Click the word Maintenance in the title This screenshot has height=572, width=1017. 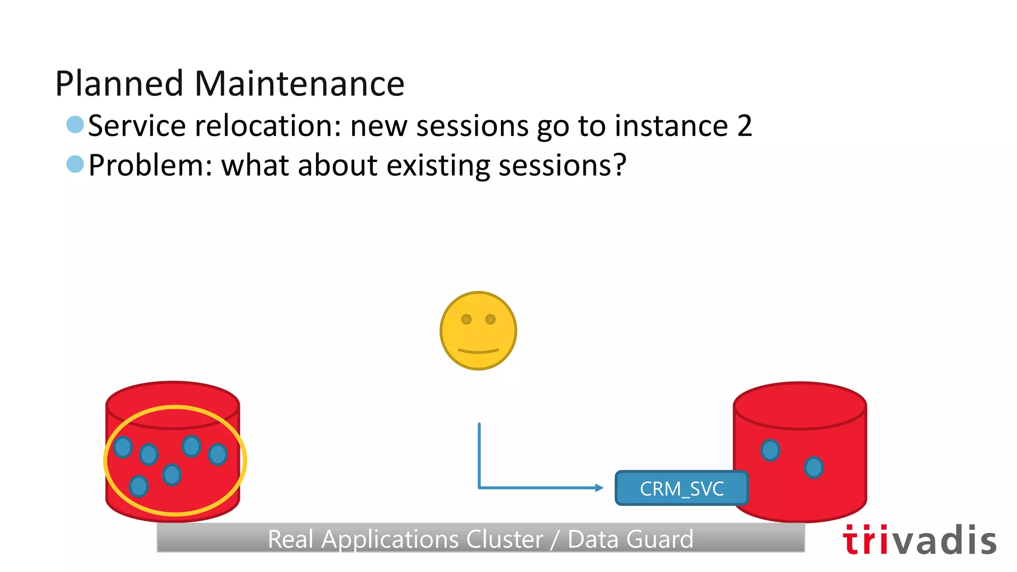pyautogui.click(x=299, y=83)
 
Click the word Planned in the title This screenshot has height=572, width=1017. pyautogui.click(x=119, y=83)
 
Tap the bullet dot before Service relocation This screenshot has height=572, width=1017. pyautogui.click(x=75, y=125)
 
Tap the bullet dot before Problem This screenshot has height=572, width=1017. pyautogui.click(x=75, y=164)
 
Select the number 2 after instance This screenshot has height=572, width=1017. pyautogui.click(x=744, y=126)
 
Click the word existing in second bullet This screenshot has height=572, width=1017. pyautogui.click(x=437, y=165)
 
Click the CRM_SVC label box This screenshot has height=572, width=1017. pyautogui.click(x=681, y=489)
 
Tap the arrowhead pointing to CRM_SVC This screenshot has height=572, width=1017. pyautogui.click(x=599, y=488)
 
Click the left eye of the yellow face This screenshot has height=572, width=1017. pyautogui.click(x=466, y=319)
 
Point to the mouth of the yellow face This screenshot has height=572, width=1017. pyautogui.click(x=478, y=351)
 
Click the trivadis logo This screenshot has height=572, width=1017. pyautogui.click(x=919, y=540)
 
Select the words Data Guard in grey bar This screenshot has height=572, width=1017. pyautogui.click(x=630, y=539)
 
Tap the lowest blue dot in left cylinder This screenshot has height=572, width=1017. pyautogui.click(x=139, y=486)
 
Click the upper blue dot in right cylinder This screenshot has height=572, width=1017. pyautogui.click(x=770, y=450)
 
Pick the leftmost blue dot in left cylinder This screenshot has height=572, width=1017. pyautogui.click(x=123, y=447)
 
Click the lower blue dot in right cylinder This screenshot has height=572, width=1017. pyautogui.click(x=813, y=467)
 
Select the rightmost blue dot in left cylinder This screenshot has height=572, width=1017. pyautogui.click(x=218, y=454)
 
